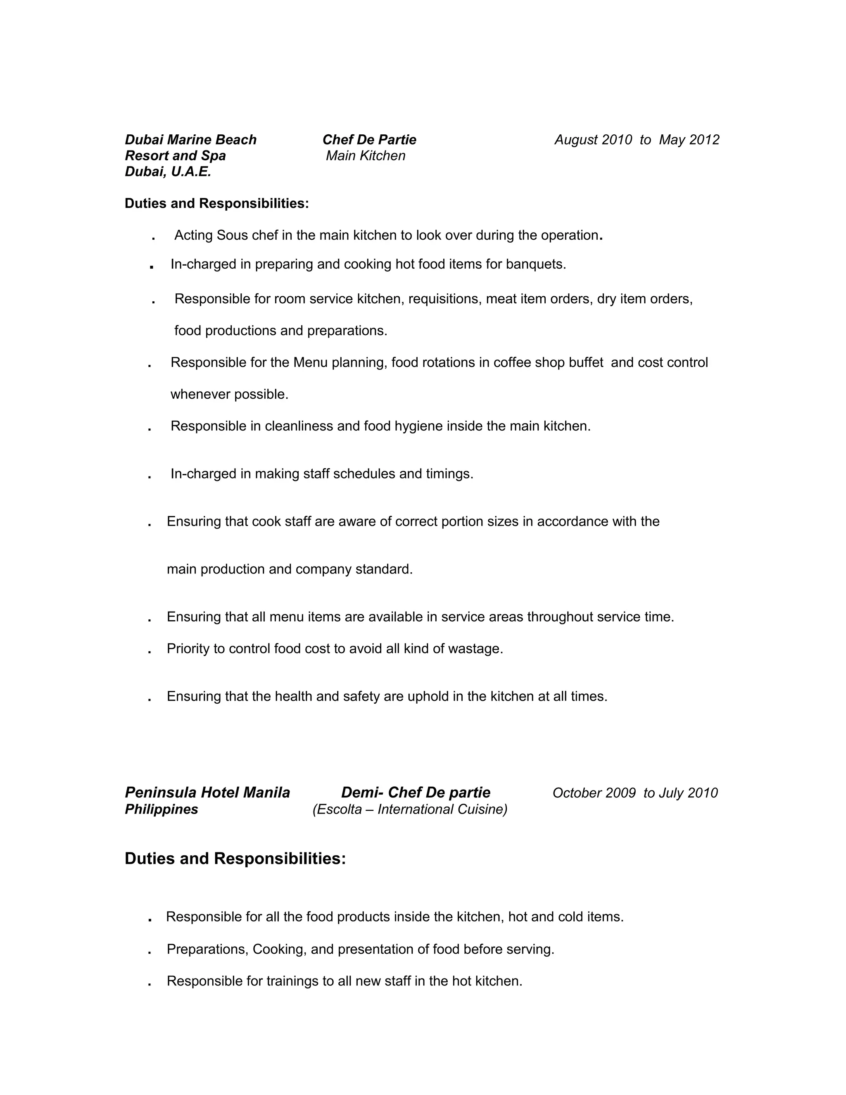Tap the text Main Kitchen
(x=365, y=156)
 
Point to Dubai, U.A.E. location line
(x=168, y=172)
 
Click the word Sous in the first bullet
(x=232, y=235)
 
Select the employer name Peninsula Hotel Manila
(x=207, y=793)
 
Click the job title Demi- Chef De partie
(x=416, y=793)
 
